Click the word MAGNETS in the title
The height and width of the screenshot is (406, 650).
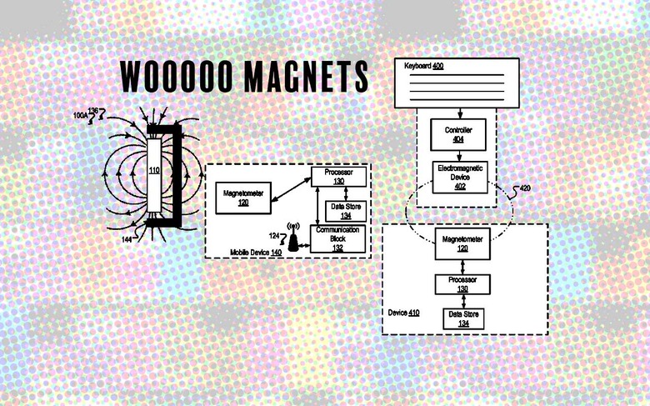pos(306,77)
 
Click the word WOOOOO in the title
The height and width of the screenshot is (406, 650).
pos(177,77)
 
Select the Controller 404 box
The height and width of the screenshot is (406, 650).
pos(458,135)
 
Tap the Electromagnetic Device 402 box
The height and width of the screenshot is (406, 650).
pos(460,178)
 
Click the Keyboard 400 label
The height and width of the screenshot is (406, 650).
pos(423,66)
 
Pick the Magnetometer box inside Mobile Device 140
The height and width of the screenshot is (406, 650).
pos(243,198)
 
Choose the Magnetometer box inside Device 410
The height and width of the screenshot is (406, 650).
pos(462,243)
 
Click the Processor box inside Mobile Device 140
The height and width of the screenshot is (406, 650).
pos(338,177)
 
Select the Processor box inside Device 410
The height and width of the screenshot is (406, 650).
pos(462,284)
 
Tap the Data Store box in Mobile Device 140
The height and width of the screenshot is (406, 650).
pos(346,211)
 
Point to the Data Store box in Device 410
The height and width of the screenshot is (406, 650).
pos(463,318)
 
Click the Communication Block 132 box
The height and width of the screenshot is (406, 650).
pos(337,239)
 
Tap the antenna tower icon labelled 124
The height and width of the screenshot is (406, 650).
pos(293,237)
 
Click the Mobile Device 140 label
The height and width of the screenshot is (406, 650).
pos(256,253)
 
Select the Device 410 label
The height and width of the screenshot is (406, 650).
pos(403,313)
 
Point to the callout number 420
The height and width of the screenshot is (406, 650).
pos(524,188)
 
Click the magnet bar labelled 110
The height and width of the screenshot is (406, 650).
pos(154,175)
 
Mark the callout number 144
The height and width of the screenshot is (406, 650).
pos(127,240)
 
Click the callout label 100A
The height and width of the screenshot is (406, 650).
pos(81,116)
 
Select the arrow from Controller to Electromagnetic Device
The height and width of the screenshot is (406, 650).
pos(459,156)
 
